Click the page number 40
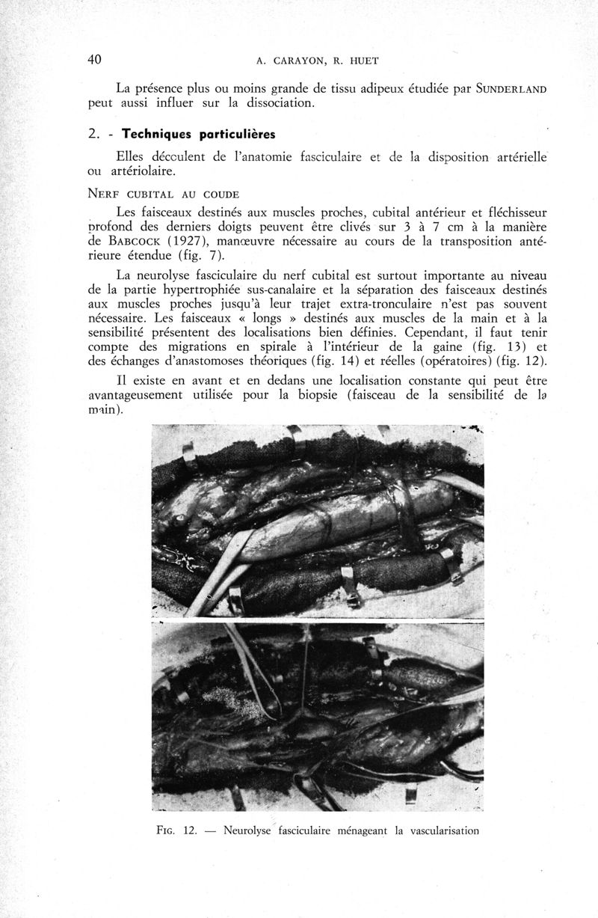click(95, 60)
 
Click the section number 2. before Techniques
click(93, 135)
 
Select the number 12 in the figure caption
click(189, 830)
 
